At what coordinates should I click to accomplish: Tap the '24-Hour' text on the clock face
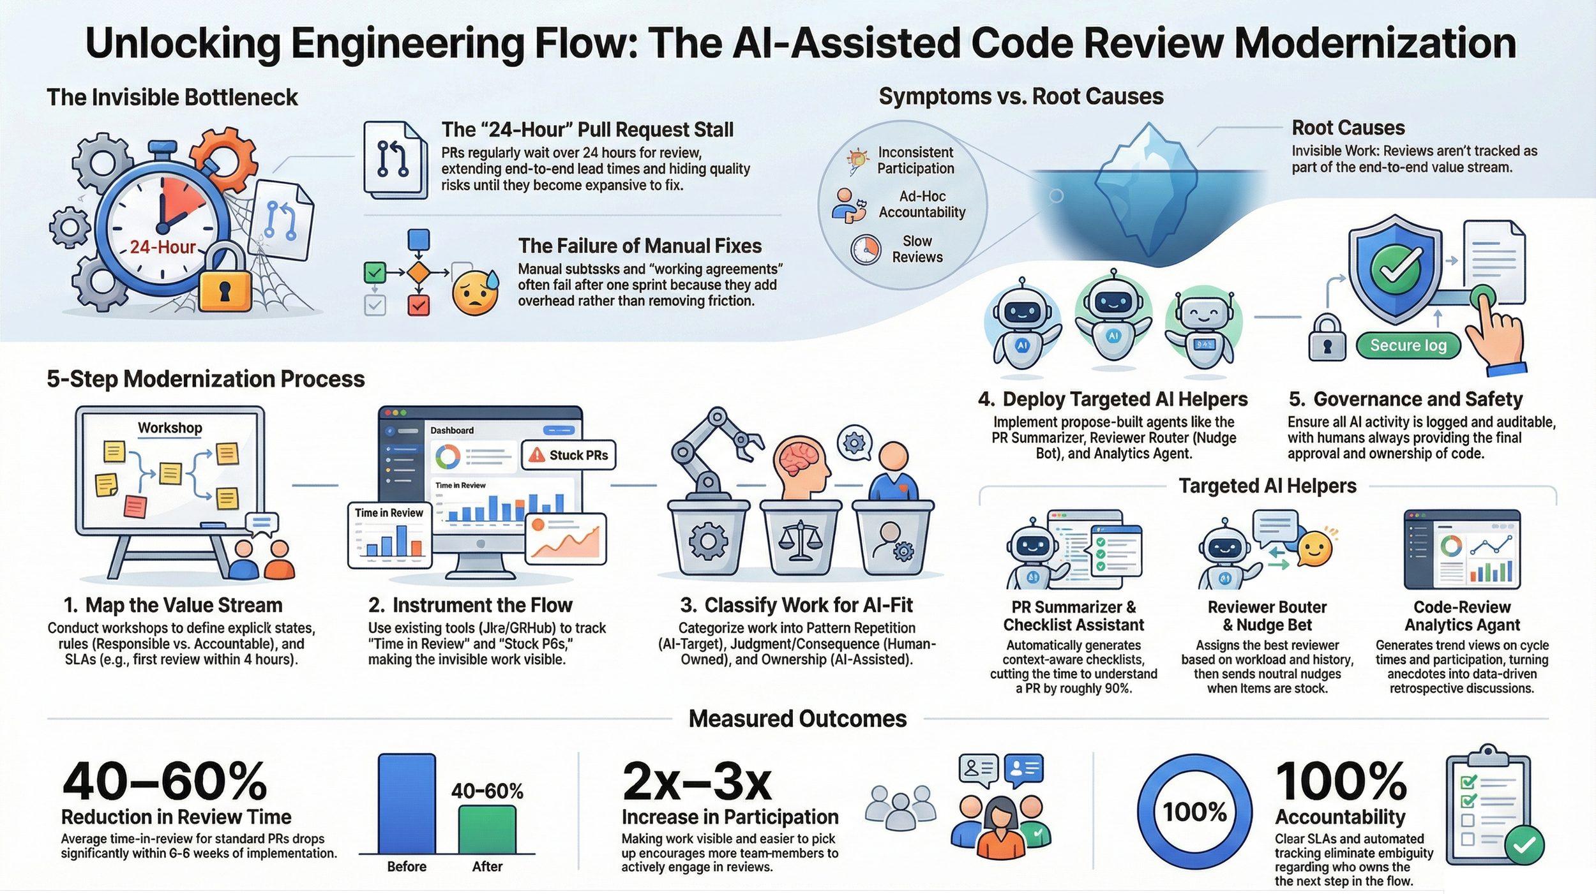(162, 247)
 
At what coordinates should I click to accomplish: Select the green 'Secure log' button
(1408, 345)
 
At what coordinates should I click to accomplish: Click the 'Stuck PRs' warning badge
(569, 455)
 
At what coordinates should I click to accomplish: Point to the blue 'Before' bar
(407, 804)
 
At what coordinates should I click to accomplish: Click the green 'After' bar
(487, 830)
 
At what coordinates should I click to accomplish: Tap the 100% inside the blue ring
(1194, 812)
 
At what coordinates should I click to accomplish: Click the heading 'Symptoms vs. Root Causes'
(1021, 96)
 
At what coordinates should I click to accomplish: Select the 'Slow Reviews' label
(917, 249)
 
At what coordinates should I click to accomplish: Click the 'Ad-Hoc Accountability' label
(921, 204)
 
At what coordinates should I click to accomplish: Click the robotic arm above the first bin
(712, 447)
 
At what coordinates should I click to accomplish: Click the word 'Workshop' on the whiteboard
(170, 428)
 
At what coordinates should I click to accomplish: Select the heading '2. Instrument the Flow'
(470, 604)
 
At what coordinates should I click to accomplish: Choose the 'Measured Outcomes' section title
(797, 719)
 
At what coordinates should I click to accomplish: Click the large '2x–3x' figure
(697, 782)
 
